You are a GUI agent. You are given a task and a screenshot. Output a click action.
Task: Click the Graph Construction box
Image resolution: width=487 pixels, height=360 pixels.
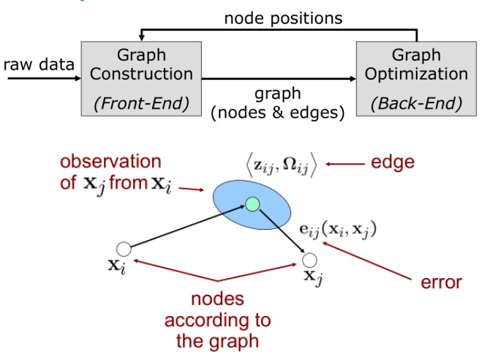141,78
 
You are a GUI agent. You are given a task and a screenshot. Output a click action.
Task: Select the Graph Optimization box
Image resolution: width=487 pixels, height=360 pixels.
416,78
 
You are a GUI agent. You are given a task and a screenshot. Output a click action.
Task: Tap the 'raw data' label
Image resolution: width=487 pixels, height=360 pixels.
39,64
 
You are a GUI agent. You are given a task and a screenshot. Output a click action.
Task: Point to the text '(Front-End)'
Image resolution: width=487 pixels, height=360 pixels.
141,103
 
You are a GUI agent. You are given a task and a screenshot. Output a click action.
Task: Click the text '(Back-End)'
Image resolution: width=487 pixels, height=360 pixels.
416,103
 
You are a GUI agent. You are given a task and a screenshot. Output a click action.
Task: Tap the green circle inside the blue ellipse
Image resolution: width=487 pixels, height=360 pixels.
253,203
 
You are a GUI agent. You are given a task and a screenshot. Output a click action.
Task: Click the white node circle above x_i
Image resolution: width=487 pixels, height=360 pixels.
124,250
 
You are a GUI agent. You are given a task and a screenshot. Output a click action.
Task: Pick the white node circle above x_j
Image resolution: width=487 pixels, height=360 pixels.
309,260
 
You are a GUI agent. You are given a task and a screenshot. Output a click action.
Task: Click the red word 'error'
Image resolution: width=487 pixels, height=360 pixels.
442,281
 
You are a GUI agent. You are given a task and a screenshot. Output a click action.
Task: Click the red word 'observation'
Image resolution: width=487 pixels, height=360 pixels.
110,162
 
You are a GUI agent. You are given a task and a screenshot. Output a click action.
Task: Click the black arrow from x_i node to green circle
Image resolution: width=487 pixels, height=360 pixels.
186,228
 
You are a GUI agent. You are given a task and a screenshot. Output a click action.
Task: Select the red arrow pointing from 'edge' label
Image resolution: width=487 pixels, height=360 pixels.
341,164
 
